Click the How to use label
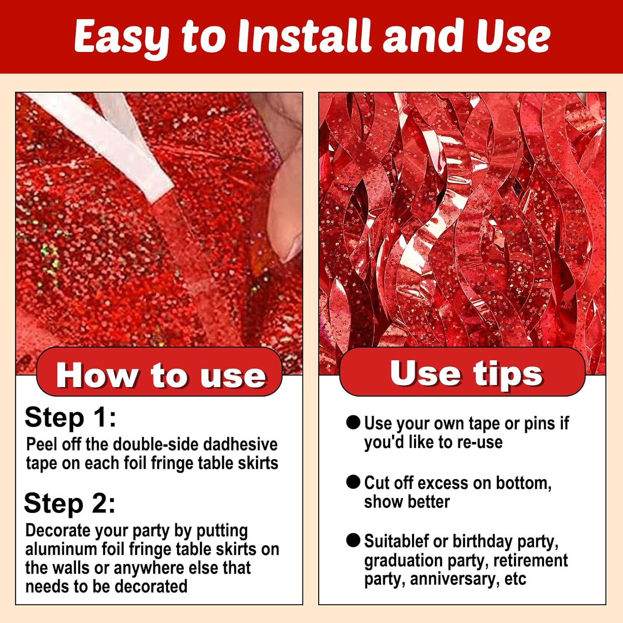click(x=161, y=375)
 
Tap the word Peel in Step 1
click(x=41, y=444)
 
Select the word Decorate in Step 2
click(x=58, y=530)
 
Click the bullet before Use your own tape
click(x=353, y=423)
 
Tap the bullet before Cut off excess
click(x=353, y=482)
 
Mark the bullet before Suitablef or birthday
click(x=353, y=540)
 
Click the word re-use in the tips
click(x=480, y=442)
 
